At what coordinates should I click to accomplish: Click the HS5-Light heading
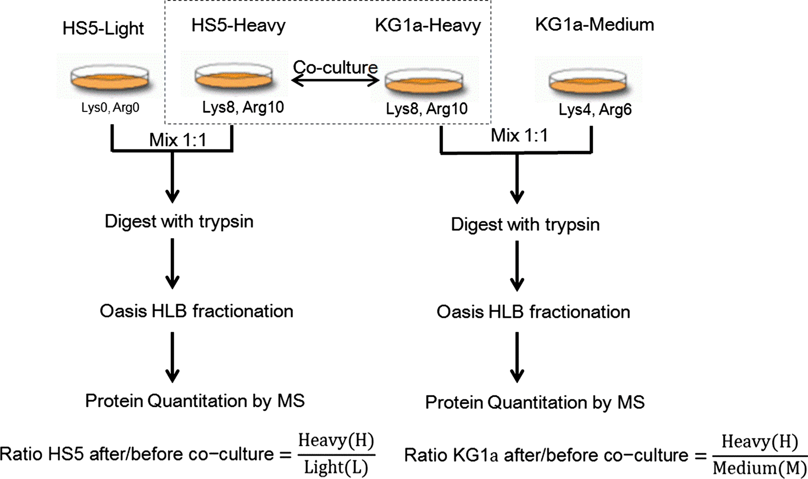click(x=103, y=28)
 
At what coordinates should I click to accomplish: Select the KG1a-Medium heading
click(x=594, y=24)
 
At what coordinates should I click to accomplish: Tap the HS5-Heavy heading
click(x=238, y=25)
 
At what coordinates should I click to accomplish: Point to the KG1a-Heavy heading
click(x=428, y=25)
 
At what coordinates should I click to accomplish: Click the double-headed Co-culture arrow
click(x=335, y=80)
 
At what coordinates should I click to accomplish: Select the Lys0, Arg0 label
click(x=110, y=107)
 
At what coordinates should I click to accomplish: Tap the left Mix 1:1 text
click(x=177, y=140)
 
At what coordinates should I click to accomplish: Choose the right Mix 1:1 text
click(x=519, y=135)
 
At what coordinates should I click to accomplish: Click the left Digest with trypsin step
click(x=179, y=222)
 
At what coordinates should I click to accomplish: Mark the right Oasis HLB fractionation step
click(x=533, y=312)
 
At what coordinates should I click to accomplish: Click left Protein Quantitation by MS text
click(x=195, y=401)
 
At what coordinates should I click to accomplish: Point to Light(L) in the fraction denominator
click(x=336, y=468)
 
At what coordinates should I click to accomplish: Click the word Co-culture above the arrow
click(x=335, y=67)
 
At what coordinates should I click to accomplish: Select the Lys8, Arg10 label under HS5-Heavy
click(x=243, y=107)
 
